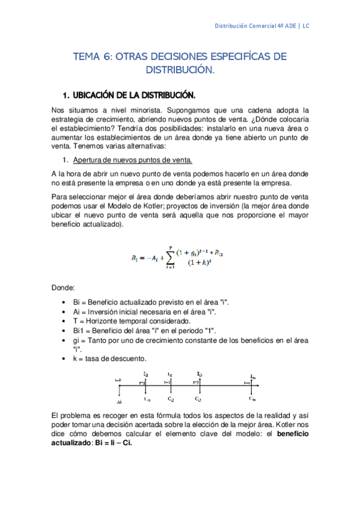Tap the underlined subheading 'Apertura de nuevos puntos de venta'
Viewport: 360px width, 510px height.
click(132, 160)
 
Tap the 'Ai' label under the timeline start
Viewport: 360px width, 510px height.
click(120, 401)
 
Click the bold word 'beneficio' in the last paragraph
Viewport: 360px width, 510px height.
click(290, 434)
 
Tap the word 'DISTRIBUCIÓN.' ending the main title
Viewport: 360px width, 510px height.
click(180, 70)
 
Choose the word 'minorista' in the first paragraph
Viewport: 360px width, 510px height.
click(128, 110)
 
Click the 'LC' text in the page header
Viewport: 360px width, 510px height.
click(306, 26)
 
